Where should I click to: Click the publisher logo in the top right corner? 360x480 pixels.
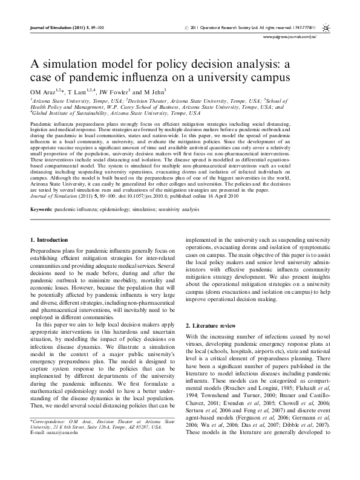click(x=326, y=28)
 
